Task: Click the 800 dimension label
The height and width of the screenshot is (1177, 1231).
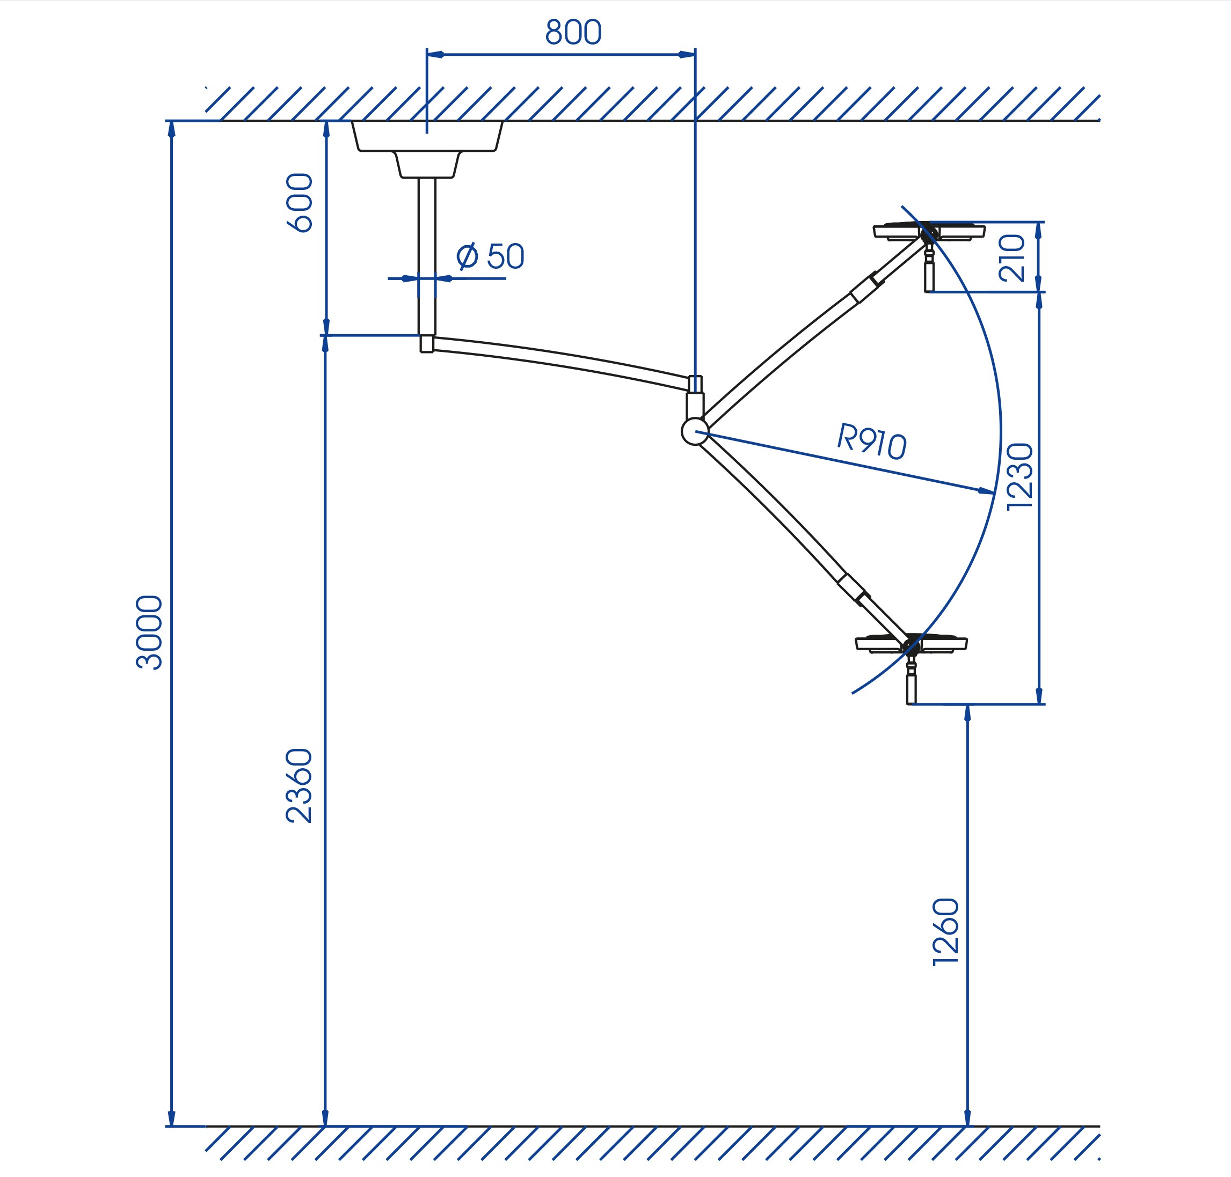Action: pyautogui.click(x=573, y=32)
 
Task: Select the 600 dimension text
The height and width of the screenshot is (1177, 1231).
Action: pyautogui.click(x=300, y=203)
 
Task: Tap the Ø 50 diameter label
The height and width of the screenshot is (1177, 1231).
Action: pyautogui.click(x=490, y=256)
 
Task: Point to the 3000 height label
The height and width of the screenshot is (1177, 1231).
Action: pyautogui.click(x=149, y=632)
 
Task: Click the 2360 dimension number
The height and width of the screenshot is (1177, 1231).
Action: pyautogui.click(x=299, y=785)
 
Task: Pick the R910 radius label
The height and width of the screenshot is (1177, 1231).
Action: pyautogui.click(x=872, y=441)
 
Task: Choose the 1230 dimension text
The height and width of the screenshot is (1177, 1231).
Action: pyautogui.click(x=1019, y=477)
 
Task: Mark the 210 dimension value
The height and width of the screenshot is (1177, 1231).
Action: pyautogui.click(x=1011, y=258)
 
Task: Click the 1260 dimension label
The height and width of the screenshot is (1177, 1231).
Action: pyautogui.click(x=946, y=932)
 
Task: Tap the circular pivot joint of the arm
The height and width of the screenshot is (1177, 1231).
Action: pyautogui.click(x=695, y=431)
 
